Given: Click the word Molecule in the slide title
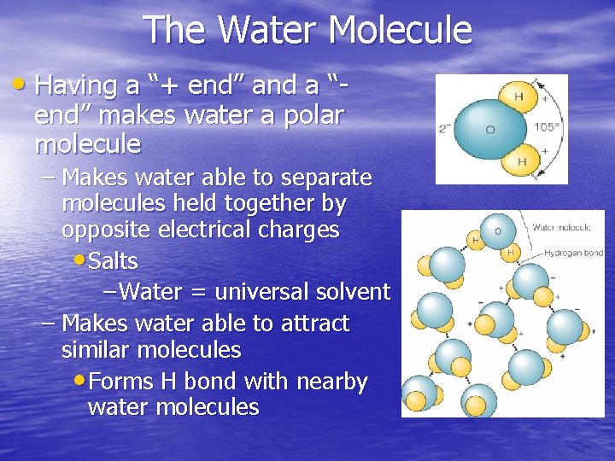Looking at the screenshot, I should click(x=400, y=31).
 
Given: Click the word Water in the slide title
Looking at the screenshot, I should click(x=267, y=31).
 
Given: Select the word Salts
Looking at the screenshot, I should click(x=113, y=260).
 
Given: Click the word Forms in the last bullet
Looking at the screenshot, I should click(x=120, y=382).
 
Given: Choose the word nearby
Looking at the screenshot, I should click(x=331, y=382).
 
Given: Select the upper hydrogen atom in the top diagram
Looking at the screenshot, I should click(x=516, y=96).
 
